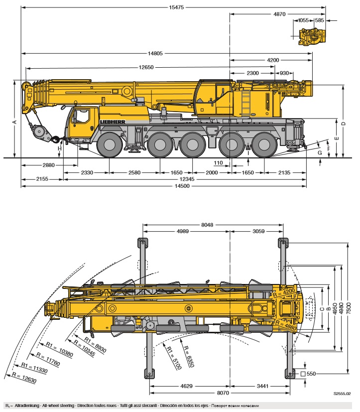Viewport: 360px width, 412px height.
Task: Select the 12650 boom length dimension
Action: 146,67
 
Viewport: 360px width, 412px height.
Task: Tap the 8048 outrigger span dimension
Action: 208,225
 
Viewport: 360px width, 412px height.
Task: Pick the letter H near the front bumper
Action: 59,148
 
